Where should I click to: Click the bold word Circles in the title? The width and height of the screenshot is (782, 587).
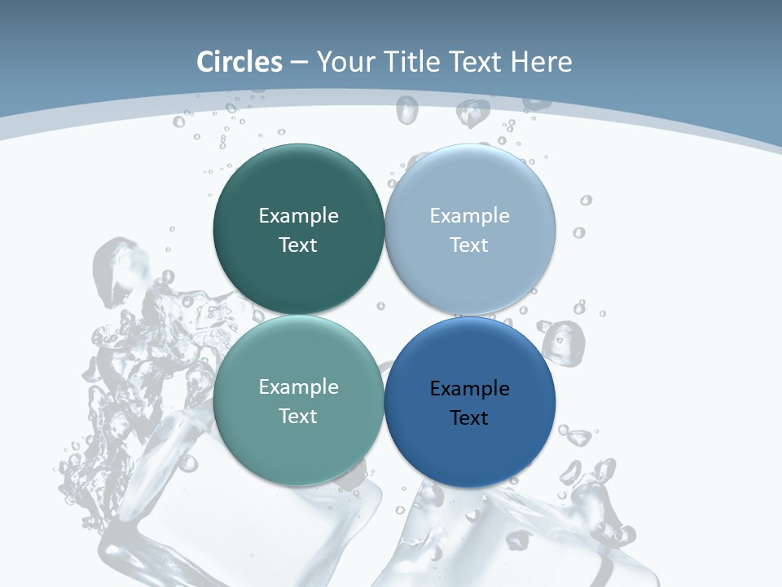(239, 62)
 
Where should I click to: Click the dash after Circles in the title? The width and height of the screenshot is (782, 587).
(299, 63)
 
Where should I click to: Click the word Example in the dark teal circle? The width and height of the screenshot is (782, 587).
(298, 215)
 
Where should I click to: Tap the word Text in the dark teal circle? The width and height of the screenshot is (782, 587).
(298, 245)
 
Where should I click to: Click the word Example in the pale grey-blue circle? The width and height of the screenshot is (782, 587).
(469, 215)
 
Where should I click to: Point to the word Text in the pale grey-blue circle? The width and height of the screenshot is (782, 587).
(469, 245)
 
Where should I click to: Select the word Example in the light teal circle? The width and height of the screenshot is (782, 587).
(298, 386)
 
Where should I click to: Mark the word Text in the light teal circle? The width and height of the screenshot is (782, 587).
(298, 416)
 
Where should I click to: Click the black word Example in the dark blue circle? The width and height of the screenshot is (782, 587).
(469, 388)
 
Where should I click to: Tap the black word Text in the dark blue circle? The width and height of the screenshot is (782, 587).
(469, 417)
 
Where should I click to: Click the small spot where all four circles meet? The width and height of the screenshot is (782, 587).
(384, 316)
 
